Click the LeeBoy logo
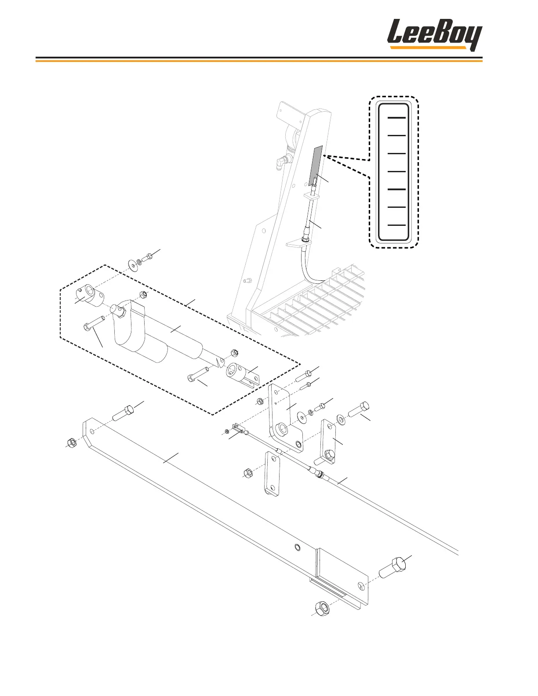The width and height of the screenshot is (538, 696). point(434,35)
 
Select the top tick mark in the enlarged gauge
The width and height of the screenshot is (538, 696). point(396,118)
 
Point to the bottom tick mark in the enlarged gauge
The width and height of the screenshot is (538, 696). point(396,225)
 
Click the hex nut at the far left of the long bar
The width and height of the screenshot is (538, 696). point(71,442)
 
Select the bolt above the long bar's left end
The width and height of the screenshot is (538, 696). point(123,413)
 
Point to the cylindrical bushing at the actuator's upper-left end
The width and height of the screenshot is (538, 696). point(91,296)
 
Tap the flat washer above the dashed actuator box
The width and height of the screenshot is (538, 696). point(132,265)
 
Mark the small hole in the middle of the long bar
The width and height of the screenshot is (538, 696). point(297,547)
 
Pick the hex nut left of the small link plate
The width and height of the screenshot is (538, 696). point(247,473)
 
